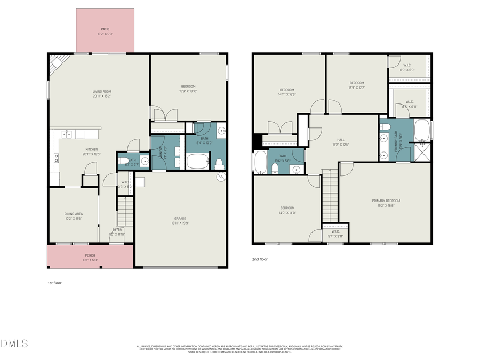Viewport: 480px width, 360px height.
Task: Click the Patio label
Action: tap(105, 31)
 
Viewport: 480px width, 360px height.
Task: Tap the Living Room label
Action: tap(102, 94)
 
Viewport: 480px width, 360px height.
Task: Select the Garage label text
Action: tap(180, 220)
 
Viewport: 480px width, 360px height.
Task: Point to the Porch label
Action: tap(90, 258)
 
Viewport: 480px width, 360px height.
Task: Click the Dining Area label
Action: tap(74, 216)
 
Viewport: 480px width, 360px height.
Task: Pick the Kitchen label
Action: tap(92, 151)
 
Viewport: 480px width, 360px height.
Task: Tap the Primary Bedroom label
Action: tap(386, 203)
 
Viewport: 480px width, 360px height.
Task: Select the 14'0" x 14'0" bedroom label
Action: tap(287, 210)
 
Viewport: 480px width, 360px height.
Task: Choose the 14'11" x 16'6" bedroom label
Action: tap(287, 92)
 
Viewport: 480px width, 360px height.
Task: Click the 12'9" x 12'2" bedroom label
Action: tap(356, 85)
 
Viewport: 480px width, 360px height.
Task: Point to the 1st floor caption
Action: tap(54, 283)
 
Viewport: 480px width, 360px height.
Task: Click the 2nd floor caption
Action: tap(260, 259)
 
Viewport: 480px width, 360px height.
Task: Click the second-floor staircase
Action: tap(330, 195)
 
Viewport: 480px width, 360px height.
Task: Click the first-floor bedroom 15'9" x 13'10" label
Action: tap(188, 89)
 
